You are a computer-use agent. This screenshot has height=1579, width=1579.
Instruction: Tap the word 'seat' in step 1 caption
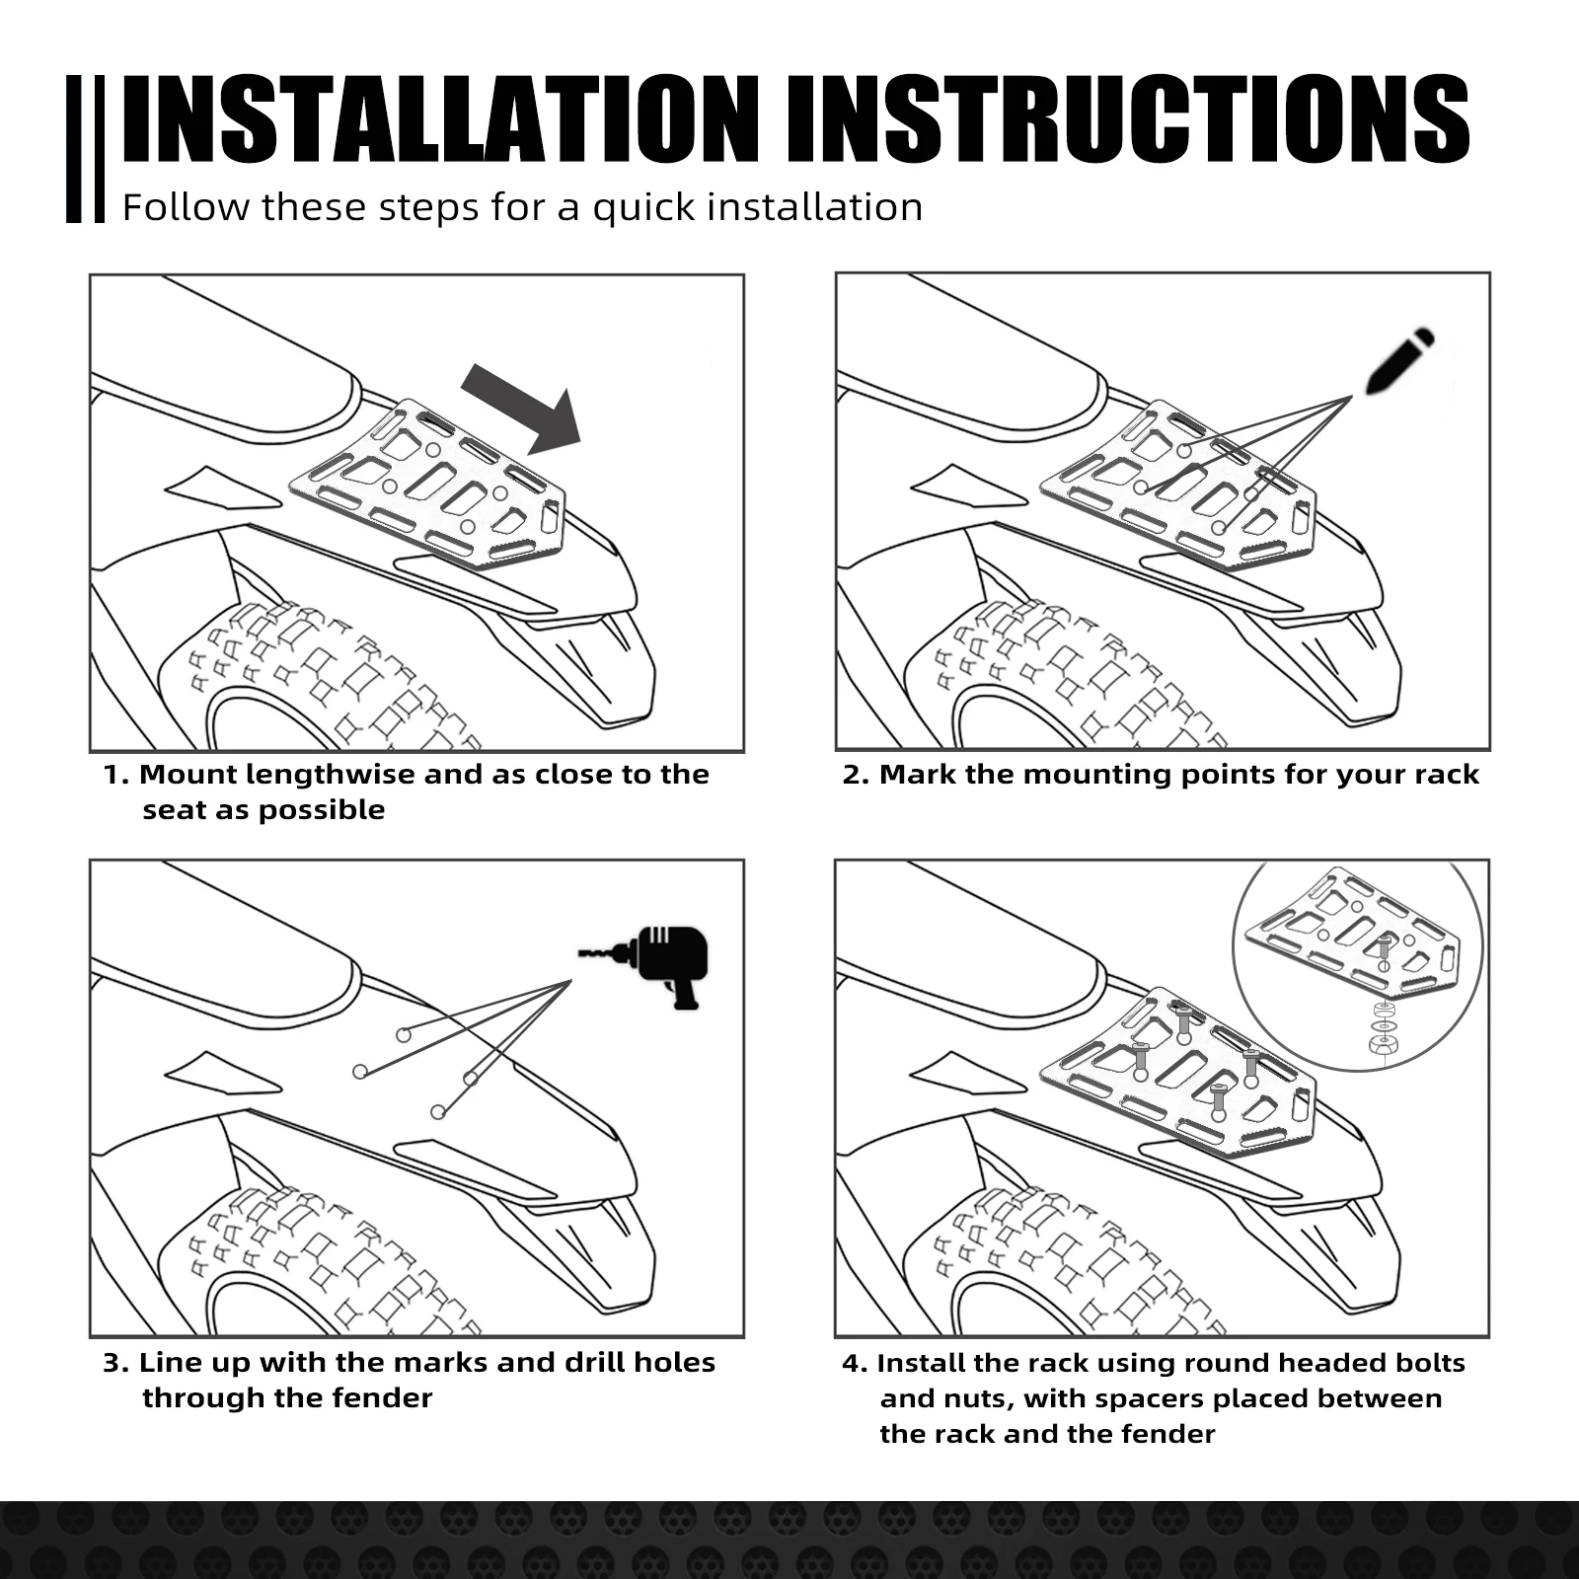174,811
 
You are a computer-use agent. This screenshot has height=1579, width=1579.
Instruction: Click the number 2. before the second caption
855,775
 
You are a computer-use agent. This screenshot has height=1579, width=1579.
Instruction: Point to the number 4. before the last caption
855,1364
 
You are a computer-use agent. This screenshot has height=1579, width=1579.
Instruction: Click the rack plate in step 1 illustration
428,484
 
